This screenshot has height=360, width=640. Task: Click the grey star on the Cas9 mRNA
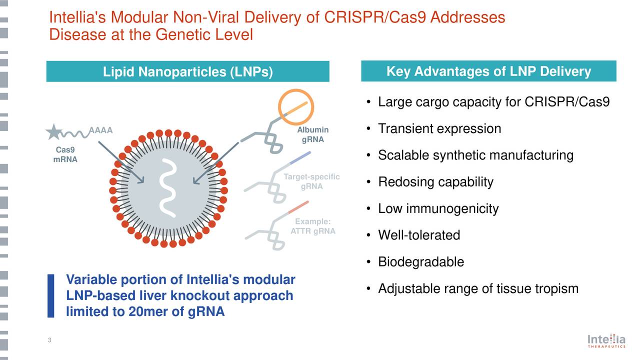(x=53, y=131)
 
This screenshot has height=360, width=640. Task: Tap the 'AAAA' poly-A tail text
(x=100, y=131)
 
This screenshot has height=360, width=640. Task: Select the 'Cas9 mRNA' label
(x=65, y=155)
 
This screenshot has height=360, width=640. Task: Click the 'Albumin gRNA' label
(x=312, y=134)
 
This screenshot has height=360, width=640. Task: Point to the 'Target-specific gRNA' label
(x=311, y=181)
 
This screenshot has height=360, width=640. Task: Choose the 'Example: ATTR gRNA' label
(x=312, y=226)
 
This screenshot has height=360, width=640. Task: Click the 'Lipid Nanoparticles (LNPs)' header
(x=187, y=72)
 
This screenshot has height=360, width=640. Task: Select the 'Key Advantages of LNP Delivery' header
(x=488, y=71)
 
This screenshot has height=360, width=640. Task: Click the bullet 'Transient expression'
(x=439, y=129)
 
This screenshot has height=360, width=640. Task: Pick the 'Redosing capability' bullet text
(x=435, y=182)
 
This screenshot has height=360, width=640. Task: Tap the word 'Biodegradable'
(x=421, y=262)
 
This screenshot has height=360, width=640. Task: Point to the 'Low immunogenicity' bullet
(x=438, y=208)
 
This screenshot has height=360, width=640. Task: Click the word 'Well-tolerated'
(x=419, y=235)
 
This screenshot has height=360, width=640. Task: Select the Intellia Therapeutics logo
(x=606, y=341)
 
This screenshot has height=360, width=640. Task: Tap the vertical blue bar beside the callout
(x=50, y=295)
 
